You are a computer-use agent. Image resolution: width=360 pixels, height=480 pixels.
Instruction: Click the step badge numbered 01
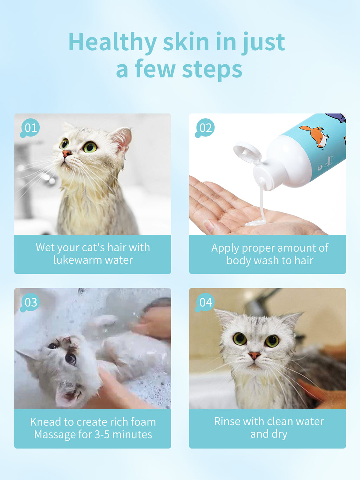click(x=30, y=128)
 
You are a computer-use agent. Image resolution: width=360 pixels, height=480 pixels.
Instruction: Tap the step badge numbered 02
click(x=205, y=128)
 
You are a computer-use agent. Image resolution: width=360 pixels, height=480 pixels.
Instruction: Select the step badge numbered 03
click(x=30, y=302)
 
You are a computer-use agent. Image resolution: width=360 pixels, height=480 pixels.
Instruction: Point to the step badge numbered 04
click(x=205, y=302)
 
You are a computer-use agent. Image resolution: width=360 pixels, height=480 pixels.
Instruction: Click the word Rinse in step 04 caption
click(x=227, y=421)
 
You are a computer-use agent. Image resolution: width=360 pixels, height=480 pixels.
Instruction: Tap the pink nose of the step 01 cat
click(x=67, y=153)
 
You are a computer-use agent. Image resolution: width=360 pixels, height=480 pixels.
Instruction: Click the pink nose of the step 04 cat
click(x=254, y=355)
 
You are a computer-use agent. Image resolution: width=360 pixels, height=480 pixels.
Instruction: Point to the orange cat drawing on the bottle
click(x=315, y=137)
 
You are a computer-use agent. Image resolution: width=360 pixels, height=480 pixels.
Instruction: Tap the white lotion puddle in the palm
click(x=255, y=223)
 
